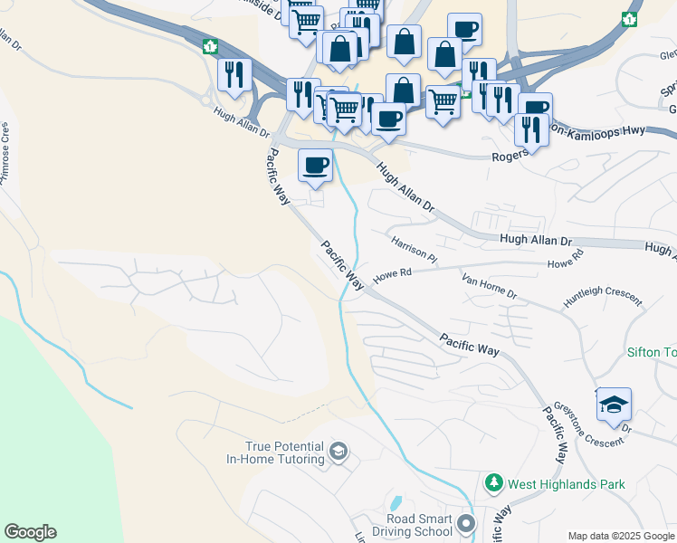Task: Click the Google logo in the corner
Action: [x=30, y=532]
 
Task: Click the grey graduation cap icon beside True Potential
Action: [x=338, y=452]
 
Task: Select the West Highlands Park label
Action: [x=567, y=484]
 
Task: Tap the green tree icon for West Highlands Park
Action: [x=493, y=484]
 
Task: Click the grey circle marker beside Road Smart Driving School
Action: [x=466, y=524]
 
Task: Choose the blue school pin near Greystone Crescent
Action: [x=614, y=405]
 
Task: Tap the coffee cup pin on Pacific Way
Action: [x=315, y=167]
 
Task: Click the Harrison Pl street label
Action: [x=415, y=250]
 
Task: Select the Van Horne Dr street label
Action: [x=489, y=288]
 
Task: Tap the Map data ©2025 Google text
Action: [x=620, y=536]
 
